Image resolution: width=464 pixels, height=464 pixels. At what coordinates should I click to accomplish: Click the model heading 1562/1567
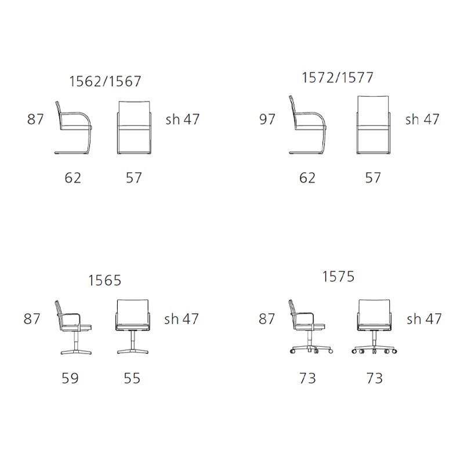tap(105, 81)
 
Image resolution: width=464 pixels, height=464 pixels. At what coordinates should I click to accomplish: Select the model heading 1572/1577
tap(338, 78)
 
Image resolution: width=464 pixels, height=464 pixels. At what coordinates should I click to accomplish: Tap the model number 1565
tap(105, 280)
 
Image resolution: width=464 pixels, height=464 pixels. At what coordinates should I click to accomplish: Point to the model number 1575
tap(338, 277)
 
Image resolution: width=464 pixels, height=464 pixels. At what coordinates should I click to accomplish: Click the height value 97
tap(267, 119)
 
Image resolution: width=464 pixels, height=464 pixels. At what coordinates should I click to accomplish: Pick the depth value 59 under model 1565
tap(70, 378)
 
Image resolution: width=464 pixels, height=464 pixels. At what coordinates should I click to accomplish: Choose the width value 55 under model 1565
tap(132, 378)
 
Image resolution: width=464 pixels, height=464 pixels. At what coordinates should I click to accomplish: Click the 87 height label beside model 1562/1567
tap(35, 119)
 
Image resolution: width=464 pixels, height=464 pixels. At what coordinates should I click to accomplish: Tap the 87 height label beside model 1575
tap(267, 319)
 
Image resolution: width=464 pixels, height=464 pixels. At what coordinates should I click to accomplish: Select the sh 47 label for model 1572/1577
tap(422, 119)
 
